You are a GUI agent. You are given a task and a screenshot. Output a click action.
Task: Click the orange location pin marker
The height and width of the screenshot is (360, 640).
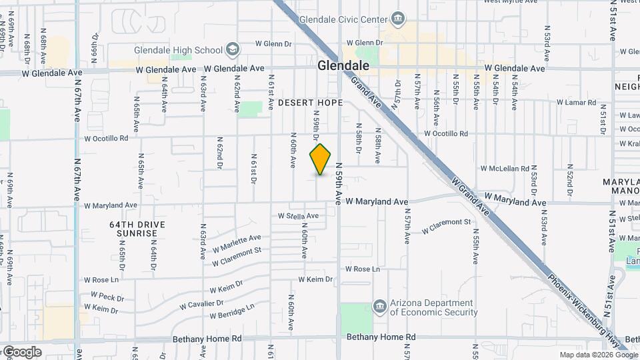321,159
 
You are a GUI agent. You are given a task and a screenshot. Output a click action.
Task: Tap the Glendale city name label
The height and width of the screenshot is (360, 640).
343,65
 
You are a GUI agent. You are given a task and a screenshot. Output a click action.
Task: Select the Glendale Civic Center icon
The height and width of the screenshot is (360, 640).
399,17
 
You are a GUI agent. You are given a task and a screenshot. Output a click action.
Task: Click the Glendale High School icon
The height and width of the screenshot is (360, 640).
232,49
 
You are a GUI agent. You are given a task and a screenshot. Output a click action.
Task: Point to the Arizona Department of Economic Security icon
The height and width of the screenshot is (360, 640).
379,307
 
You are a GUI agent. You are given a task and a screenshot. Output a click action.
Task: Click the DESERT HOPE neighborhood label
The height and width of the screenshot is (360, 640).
310,103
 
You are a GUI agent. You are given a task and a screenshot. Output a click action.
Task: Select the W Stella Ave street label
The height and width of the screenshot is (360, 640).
299,216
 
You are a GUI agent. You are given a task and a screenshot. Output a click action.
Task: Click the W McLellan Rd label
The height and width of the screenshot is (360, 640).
505,169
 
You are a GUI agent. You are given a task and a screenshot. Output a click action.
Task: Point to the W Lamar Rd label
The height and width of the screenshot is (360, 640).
575,103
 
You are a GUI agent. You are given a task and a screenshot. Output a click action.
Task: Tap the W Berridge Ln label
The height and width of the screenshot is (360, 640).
232,311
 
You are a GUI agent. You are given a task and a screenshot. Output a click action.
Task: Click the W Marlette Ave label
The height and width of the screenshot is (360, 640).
237,241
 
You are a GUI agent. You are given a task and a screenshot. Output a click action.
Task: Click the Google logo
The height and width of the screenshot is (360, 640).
21,351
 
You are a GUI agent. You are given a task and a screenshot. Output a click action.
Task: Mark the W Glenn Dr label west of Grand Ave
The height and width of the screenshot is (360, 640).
273,44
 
